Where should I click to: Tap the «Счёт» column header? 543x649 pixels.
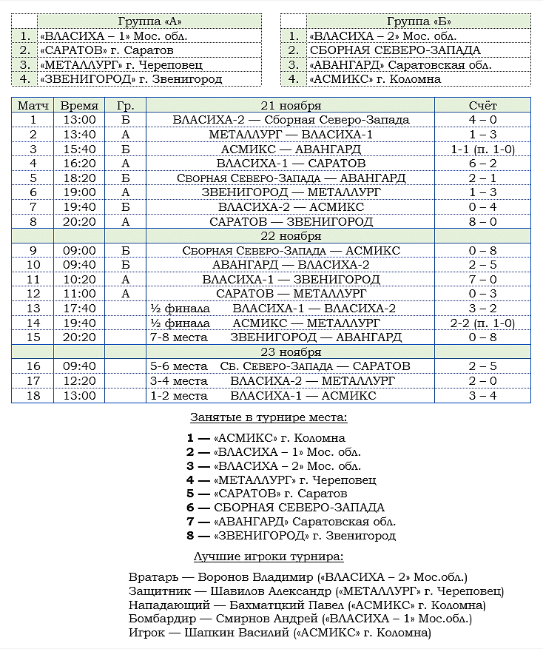tap(482, 106)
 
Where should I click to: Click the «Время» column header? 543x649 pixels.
tap(79, 106)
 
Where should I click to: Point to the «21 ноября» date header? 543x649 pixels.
tap(291, 106)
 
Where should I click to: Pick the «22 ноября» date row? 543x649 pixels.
tap(291, 236)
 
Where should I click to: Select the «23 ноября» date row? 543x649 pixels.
tap(291, 352)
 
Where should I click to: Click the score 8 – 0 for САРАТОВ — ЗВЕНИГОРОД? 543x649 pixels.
tap(482, 221)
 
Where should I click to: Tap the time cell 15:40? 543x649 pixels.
tap(79, 149)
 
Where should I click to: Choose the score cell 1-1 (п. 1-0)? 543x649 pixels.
tap(482, 149)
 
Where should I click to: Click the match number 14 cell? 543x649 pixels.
tap(33, 323)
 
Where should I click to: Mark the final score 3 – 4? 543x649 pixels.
tap(482, 395)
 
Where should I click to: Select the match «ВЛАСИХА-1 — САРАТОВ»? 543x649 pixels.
tap(291, 164)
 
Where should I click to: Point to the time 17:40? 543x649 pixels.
tap(79, 308)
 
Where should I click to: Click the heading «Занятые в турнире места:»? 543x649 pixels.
tap(269, 417)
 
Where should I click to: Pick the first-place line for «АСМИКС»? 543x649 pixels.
tap(266, 438)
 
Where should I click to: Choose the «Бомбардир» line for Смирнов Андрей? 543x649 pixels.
tap(300, 619)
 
